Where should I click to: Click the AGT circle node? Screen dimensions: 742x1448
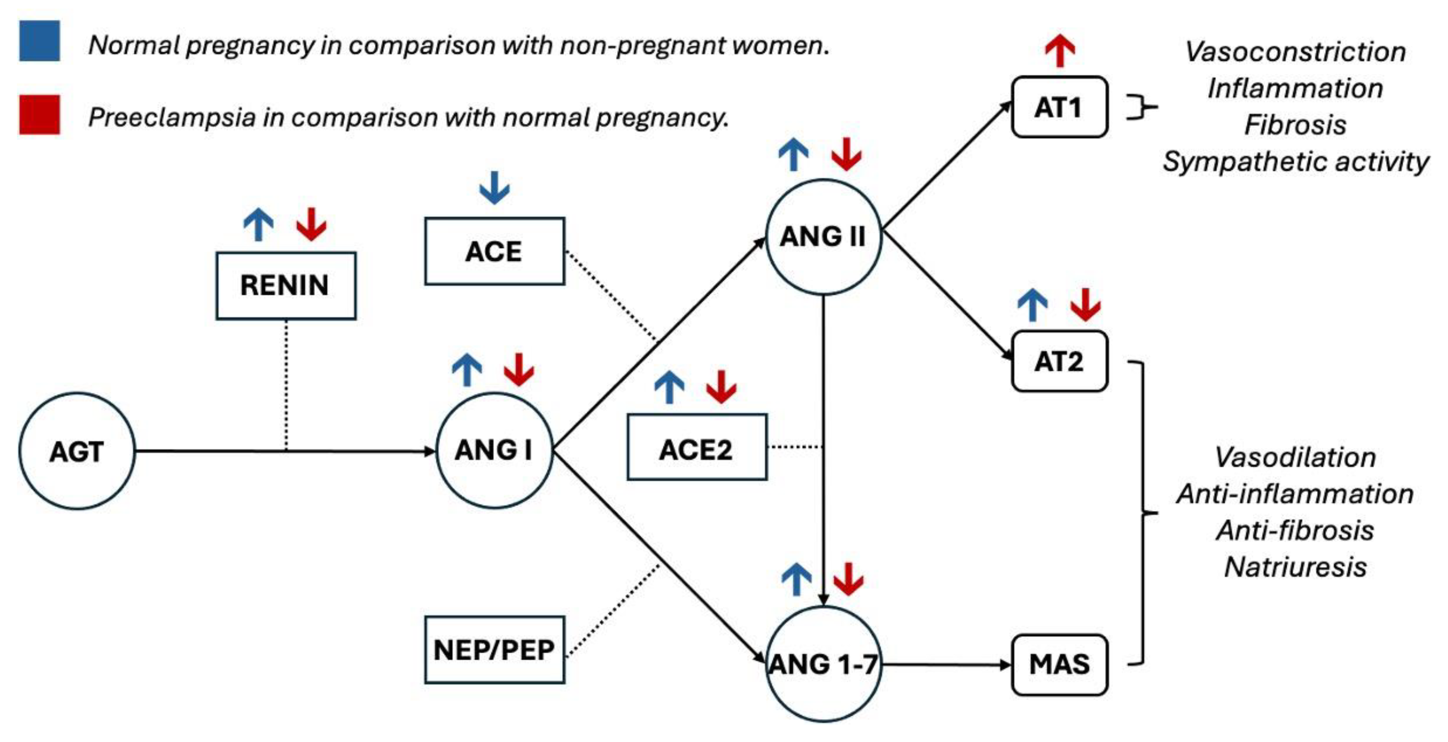(x=77, y=451)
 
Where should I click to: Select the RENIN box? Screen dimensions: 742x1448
(x=285, y=286)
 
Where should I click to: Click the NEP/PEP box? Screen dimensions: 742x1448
(x=494, y=650)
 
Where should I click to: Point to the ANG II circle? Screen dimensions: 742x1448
(x=823, y=236)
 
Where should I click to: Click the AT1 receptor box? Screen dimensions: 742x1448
(x=1059, y=107)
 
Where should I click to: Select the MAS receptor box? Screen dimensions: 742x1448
(x=1059, y=665)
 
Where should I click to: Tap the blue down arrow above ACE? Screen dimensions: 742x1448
(x=494, y=188)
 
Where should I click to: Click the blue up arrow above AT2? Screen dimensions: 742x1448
(x=1032, y=305)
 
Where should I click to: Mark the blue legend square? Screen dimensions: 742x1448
(x=39, y=40)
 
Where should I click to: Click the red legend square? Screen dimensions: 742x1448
(x=39, y=115)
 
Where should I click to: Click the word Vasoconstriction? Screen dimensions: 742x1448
(x=1295, y=52)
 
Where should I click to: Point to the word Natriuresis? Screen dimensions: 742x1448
(x=1295, y=566)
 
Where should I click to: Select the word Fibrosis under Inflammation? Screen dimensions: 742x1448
(x=1295, y=125)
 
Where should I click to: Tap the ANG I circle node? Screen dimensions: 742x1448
(x=494, y=450)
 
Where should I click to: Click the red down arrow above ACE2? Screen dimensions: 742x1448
(x=721, y=387)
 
